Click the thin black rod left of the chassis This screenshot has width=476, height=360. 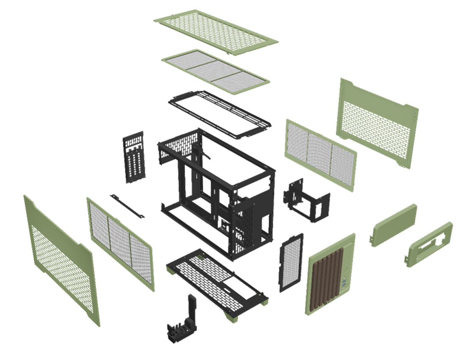[x=127, y=207]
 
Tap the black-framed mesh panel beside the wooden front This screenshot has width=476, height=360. [x=291, y=262]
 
